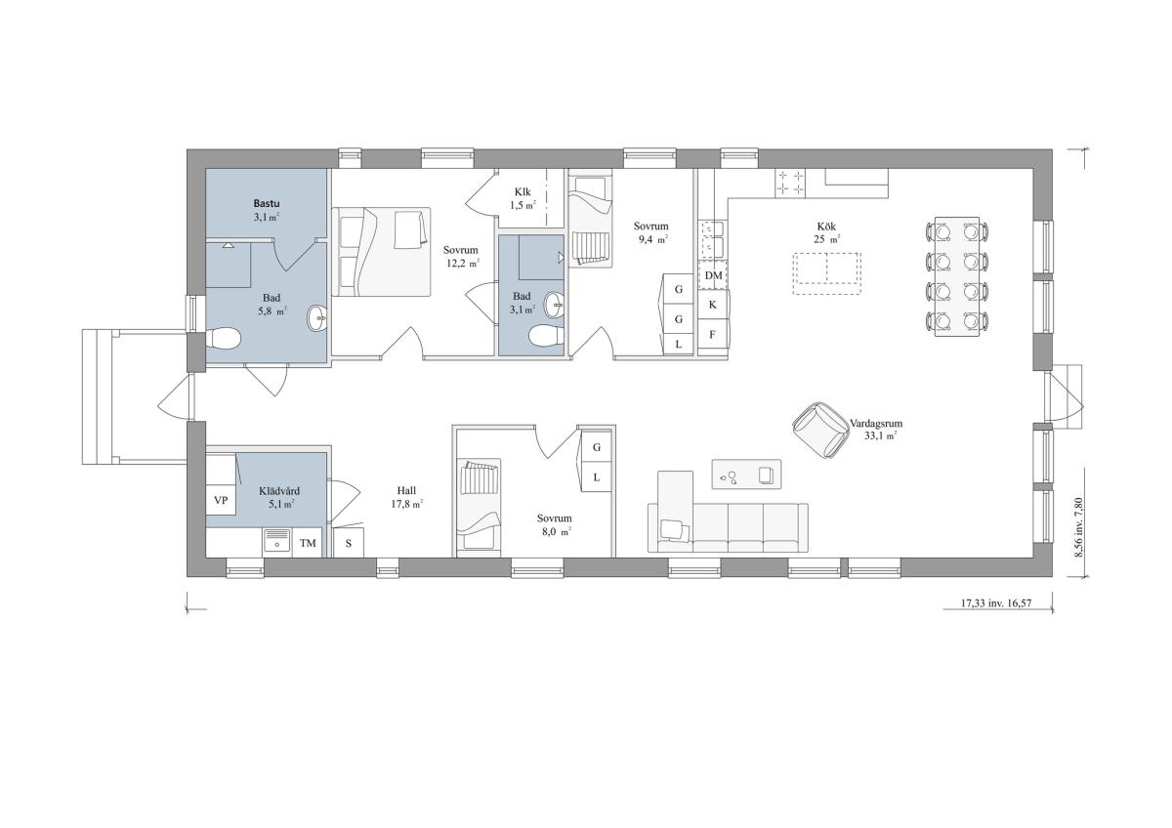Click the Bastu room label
click(x=267, y=203)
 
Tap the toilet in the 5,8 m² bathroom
click(x=223, y=339)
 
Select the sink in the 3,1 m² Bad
click(x=554, y=305)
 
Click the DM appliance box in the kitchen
click(x=713, y=275)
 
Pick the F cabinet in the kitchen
click(x=712, y=334)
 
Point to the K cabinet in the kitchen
click(x=712, y=305)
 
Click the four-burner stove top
click(x=790, y=183)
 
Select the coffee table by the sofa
click(x=746, y=475)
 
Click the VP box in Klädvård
click(x=221, y=500)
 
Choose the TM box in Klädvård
click(x=308, y=543)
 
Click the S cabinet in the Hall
click(x=349, y=543)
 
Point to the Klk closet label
click(x=523, y=192)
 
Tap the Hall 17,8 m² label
click(x=406, y=497)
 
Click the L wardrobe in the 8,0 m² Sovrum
click(x=597, y=477)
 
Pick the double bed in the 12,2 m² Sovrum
click(x=382, y=252)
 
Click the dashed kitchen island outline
click(x=826, y=273)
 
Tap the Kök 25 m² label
click(x=826, y=232)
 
